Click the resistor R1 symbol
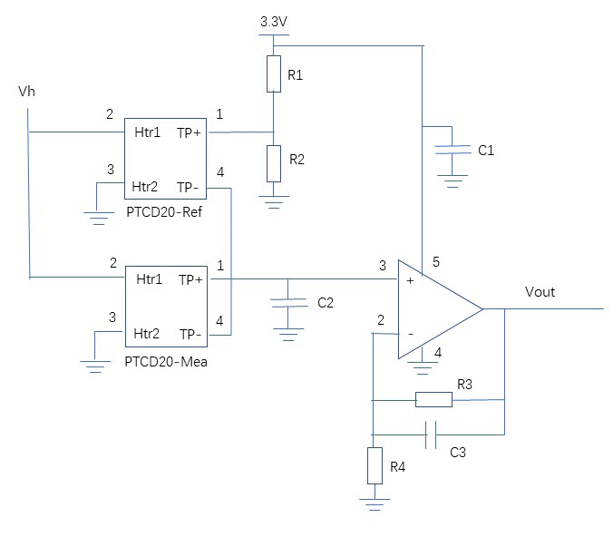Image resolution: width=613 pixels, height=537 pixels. (274, 74)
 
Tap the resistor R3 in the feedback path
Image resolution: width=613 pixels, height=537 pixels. (433, 399)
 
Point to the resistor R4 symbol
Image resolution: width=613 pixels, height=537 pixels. (373, 465)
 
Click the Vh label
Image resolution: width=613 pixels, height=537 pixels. (27, 93)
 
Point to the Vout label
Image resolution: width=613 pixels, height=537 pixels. (540, 292)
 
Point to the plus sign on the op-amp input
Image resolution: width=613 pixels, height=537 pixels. (411, 282)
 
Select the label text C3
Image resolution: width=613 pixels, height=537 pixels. (458, 451)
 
